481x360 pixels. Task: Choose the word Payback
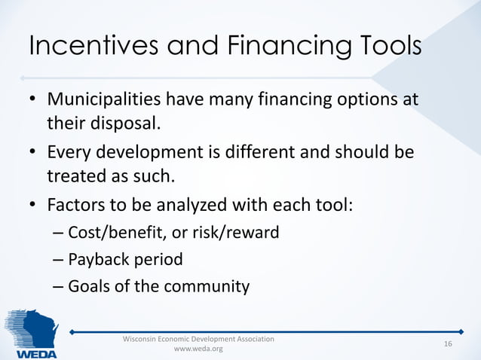pyautogui.click(x=95, y=260)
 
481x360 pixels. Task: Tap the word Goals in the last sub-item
pyautogui.click(x=88, y=287)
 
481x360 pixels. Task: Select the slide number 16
pyautogui.click(x=448, y=344)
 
